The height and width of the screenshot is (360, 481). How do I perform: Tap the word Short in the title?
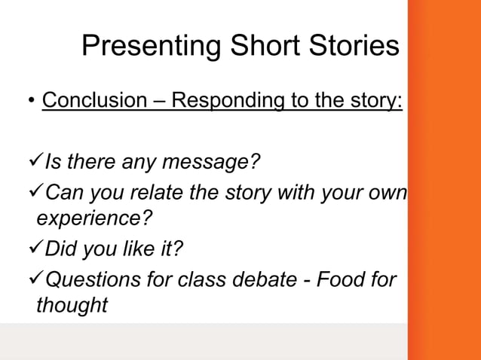click(256, 47)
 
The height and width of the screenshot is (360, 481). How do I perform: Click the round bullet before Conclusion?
click(31, 101)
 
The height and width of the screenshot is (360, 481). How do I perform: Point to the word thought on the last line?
click(72, 305)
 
